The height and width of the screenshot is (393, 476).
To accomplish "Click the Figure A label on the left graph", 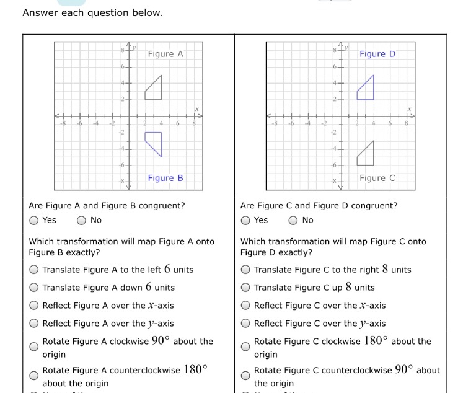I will tap(165, 54).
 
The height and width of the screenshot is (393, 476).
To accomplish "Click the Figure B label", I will tap(165, 178).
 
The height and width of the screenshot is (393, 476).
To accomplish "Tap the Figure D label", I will tap(377, 54).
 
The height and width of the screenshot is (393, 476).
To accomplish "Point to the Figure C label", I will tap(377, 178).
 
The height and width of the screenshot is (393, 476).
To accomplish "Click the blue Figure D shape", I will tap(367, 91).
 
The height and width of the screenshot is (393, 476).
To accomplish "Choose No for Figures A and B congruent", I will tap(81, 220).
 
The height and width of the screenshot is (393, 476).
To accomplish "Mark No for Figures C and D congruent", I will tap(293, 220).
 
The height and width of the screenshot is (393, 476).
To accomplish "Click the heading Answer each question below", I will tap(93, 13).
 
